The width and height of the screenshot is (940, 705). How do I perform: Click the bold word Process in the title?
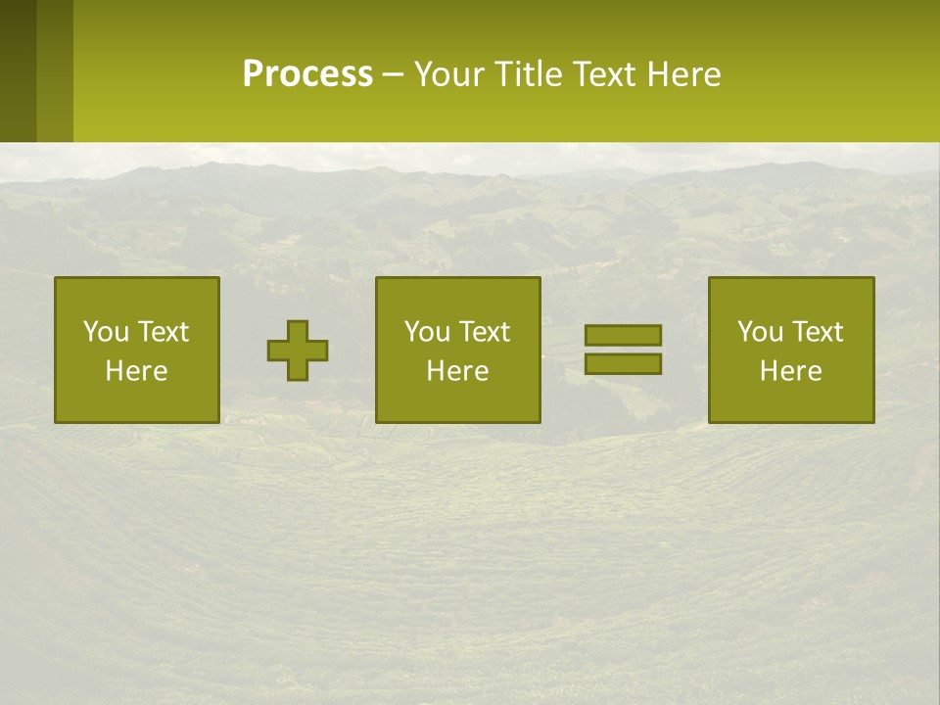(307, 74)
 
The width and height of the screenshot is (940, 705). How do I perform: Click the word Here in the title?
(683, 74)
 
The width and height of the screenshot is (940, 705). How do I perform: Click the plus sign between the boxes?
(298, 351)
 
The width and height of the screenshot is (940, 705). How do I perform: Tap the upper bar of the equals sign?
(623, 335)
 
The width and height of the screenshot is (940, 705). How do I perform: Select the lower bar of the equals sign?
(623, 363)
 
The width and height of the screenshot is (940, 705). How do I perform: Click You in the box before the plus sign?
(106, 332)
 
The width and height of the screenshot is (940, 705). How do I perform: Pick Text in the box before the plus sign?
(162, 332)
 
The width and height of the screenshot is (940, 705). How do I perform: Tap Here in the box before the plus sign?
(136, 371)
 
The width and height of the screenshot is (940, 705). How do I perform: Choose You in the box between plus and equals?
(427, 332)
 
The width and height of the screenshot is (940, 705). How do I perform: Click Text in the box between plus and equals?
(483, 332)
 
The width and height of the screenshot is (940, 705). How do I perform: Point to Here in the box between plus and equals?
(457, 371)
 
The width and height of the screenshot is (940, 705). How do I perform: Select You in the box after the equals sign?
(760, 332)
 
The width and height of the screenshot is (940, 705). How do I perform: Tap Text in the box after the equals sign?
(816, 332)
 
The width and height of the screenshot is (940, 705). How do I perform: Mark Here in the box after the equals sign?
(790, 371)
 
